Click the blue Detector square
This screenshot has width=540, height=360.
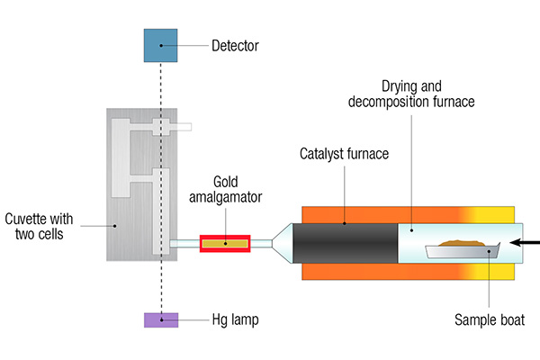pyautogui.click(x=160, y=46)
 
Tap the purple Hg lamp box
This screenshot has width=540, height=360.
pyautogui.click(x=161, y=320)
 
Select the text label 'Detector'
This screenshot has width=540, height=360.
pyautogui.click(x=235, y=46)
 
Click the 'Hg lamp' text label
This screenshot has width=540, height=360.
pyautogui.click(x=235, y=320)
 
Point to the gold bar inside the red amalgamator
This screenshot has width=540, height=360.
pyautogui.click(x=225, y=244)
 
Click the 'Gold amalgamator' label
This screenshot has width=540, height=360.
pyautogui.click(x=226, y=190)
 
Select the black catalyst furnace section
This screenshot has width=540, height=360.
pyautogui.click(x=345, y=243)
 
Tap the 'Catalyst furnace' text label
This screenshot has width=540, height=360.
pyautogui.click(x=344, y=154)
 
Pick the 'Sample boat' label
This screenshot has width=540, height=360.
pyautogui.click(x=490, y=320)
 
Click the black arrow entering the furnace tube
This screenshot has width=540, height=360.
pyautogui.click(x=525, y=242)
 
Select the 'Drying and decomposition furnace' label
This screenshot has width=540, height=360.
pyautogui.click(x=411, y=94)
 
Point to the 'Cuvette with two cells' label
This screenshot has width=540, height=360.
pyautogui.click(x=39, y=226)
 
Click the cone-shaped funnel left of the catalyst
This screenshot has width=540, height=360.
pyautogui.click(x=283, y=243)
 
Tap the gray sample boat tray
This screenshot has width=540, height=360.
pyautogui.click(x=462, y=251)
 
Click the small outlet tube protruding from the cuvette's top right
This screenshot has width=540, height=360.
pyautogui.click(x=181, y=127)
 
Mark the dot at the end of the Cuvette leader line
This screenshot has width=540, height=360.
pyautogui.click(x=115, y=226)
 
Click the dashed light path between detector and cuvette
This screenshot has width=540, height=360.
pyautogui.click(x=161, y=85)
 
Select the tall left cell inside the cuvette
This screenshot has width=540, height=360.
pyautogui.click(x=121, y=158)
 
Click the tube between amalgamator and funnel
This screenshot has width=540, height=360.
pyautogui.click(x=261, y=244)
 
